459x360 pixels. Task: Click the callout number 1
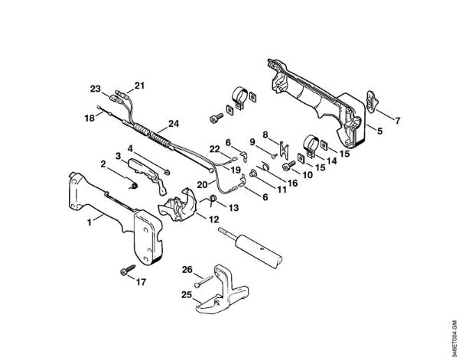click(x=90, y=221)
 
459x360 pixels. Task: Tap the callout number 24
click(x=174, y=123)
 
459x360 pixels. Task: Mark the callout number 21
click(x=139, y=85)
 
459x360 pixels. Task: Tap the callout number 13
click(x=233, y=207)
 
